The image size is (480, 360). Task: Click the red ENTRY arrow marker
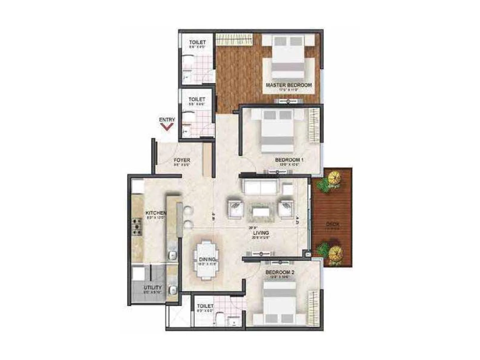[167, 127]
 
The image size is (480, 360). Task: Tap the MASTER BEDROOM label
[289, 85]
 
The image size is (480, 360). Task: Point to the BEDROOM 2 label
[280, 272]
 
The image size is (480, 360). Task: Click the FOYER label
[182, 160]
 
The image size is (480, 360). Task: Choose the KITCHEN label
[156, 213]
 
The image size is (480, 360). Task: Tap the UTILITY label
[152, 287]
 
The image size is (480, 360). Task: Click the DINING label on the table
[207, 259]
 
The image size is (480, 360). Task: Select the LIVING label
[260, 233]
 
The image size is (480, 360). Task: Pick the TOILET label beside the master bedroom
[197, 42]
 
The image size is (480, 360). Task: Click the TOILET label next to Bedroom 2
[205, 306]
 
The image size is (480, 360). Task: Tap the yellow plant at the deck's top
[334, 180]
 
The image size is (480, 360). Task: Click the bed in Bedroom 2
[280, 303]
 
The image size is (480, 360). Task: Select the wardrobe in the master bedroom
[234, 38]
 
